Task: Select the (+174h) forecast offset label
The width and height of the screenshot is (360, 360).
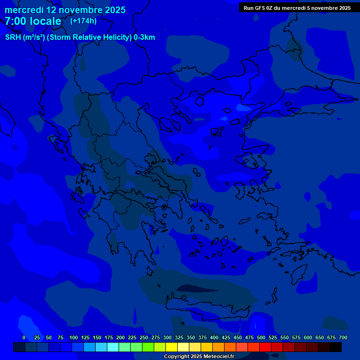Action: tap(83, 21)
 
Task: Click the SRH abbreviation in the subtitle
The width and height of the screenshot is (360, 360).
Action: tap(13, 37)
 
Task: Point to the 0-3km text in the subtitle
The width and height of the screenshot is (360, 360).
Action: tap(144, 37)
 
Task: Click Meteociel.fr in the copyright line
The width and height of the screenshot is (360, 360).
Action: tap(217, 357)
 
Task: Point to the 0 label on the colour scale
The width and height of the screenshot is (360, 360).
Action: tap(24, 338)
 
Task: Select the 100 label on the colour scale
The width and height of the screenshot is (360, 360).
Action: tap(74, 338)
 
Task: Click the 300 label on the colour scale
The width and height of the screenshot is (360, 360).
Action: tap(167, 338)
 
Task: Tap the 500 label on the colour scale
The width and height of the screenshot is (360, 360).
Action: tap(261, 338)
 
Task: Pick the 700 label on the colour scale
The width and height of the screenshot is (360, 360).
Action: tap(343, 338)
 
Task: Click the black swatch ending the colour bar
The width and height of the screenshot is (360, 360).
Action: tap(336, 347)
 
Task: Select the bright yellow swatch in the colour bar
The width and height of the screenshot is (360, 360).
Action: tap(172, 347)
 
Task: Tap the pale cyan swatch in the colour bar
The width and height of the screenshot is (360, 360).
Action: tap(113, 347)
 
